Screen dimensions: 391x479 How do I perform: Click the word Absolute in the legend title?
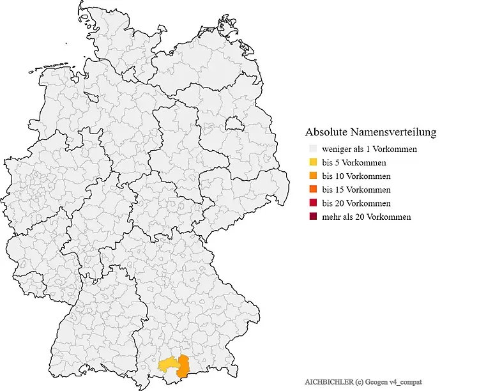(x=327, y=132)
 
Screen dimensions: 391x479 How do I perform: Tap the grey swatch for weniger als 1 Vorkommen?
(x=312, y=149)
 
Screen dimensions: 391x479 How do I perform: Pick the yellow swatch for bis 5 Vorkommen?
(x=312, y=163)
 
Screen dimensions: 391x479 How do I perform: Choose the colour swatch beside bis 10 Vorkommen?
(x=312, y=176)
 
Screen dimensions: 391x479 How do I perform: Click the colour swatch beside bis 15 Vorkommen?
(x=312, y=190)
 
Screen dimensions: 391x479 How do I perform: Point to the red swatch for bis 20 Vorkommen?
(x=312, y=203)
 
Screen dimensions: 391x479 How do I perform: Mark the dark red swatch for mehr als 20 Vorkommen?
(x=312, y=217)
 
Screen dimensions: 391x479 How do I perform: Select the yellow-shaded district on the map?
(x=169, y=365)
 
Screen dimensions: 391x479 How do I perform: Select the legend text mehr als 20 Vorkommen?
(x=366, y=217)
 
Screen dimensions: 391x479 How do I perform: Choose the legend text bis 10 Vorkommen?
(x=356, y=176)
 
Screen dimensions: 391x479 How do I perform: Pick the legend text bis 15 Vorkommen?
(x=356, y=190)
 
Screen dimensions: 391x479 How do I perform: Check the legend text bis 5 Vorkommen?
(x=354, y=163)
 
